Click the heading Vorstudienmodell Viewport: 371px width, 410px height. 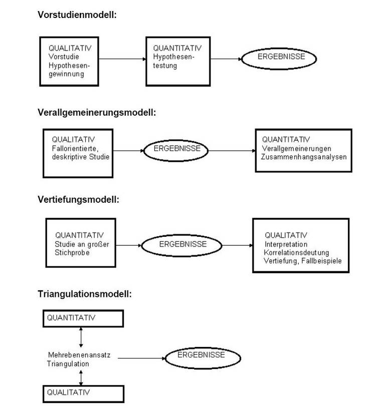pos(77,15)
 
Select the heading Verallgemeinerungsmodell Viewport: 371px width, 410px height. pos(97,113)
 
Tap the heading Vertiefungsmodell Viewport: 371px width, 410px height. pos(78,200)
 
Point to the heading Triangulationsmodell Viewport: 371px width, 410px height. pos(85,294)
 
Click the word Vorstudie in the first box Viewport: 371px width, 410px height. pos(64,57)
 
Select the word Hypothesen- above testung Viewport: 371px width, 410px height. pos(173,57)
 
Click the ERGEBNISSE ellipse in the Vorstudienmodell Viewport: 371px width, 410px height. pos(279,59)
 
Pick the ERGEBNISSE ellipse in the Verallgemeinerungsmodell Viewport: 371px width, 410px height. pos(176,151)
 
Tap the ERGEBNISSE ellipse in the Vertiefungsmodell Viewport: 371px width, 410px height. pos(181,245)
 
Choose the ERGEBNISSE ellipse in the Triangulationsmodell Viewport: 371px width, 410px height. pos(203,358)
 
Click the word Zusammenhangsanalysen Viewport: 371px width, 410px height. pos(304,157)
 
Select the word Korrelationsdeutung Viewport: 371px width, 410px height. pos(296,253)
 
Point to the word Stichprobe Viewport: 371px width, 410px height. pos(72,253)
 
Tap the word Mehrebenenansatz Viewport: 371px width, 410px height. pos(79,355)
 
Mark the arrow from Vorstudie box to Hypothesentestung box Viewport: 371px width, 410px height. pos(122,59)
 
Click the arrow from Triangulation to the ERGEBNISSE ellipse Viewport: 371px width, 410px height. pos(142,358)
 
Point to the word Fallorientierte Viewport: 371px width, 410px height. pos(75,149)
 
